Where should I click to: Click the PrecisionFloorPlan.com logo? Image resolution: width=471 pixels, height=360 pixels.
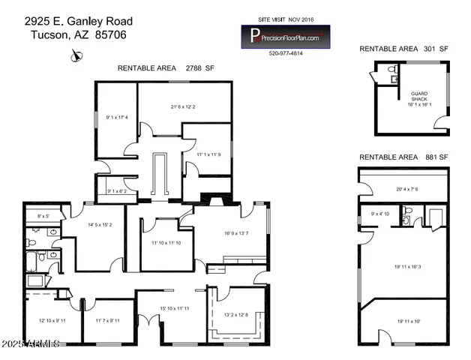(x=285, y=36)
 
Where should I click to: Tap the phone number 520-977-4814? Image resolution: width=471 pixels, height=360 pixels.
(x=285, y=53)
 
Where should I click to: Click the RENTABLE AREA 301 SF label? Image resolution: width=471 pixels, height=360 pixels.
(x=403, y=49)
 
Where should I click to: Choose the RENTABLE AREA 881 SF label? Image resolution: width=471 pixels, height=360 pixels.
(x=403, y=157)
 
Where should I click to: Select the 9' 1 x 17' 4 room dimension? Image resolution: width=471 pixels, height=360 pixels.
(x=117, y=117)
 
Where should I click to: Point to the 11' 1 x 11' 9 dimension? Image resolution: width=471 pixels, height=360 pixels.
(x=208, y=154)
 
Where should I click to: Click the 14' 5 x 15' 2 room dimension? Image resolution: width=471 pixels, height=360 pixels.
(x=99, y=224)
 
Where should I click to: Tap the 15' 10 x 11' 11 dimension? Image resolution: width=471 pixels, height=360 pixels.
(x=174, y=308)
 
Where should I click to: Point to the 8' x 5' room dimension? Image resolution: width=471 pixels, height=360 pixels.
(x=43, y=216)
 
